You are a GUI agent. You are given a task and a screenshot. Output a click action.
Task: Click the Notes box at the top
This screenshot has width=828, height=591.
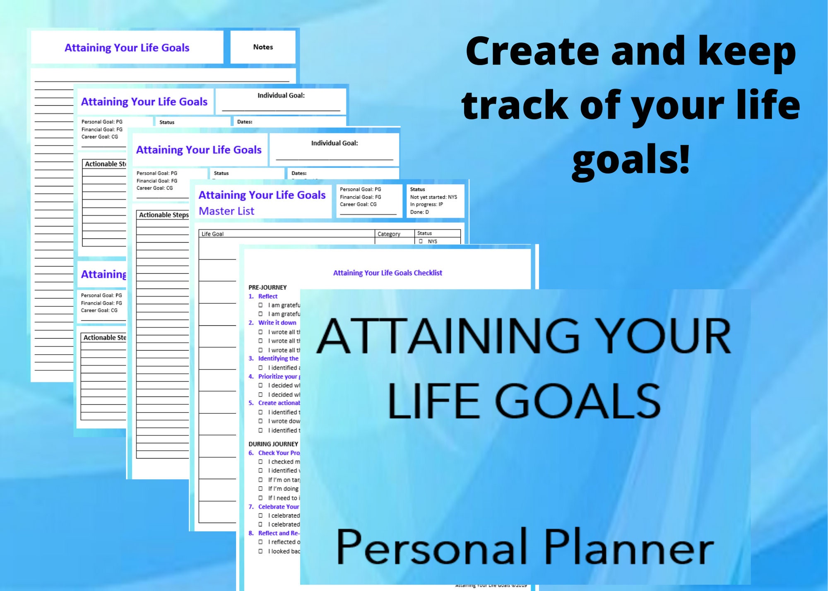point(263,47)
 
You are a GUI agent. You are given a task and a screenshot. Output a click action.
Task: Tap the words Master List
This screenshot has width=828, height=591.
point(226,211)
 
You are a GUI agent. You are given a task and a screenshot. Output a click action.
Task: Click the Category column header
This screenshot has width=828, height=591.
point(389,234)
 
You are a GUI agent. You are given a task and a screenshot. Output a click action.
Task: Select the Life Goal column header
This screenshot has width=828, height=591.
point(212,234)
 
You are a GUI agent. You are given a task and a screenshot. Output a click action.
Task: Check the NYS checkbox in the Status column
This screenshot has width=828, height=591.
point(421,241)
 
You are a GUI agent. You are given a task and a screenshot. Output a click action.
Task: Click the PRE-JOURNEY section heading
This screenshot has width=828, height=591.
point(267,287)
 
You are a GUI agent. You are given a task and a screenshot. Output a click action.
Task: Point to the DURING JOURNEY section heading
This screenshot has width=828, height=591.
point(273,444)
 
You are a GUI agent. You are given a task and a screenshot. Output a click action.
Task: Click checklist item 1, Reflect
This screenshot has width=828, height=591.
point(267,296)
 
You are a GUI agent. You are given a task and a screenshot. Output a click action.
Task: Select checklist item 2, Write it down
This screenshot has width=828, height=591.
point(277,322)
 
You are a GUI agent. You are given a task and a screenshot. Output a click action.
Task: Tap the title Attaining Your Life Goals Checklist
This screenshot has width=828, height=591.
point(388,273)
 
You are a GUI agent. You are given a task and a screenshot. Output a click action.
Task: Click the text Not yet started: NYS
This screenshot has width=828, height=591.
point(433,197)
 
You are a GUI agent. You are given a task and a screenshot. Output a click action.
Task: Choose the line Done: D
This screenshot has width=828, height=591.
point(419,212)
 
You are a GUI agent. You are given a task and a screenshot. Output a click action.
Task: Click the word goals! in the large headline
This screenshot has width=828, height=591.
point(631,159)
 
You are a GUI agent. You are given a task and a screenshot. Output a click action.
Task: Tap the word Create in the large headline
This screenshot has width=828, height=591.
point(532,52)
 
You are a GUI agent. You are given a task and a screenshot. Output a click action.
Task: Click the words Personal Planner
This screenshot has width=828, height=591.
point(525,547)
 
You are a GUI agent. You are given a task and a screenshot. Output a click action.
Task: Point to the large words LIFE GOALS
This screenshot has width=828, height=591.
point(524,401)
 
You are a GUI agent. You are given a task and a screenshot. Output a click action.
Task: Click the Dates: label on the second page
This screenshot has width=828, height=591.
point(245,122)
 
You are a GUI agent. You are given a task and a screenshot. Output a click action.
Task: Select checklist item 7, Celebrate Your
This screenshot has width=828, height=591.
point(278,507)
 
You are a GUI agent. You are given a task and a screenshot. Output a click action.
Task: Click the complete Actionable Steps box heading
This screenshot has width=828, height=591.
point(164,215)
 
